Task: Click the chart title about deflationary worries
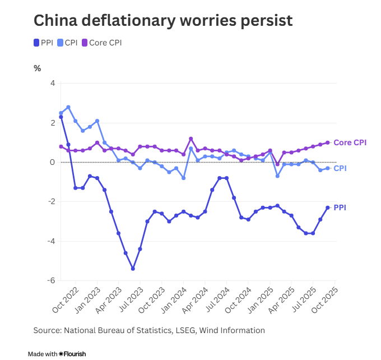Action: tap(163, 20)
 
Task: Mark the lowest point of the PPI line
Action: tap(133, 269)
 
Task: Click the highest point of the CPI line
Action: tap(68, 107)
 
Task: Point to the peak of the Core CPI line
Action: tap(191, 139)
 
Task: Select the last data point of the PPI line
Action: tap(328, 207)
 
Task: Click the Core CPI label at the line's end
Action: tap(350, 142)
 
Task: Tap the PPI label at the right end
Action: tap(340, 207)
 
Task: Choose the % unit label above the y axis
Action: tap(38, 68)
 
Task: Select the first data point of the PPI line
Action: tap(61, 117)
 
